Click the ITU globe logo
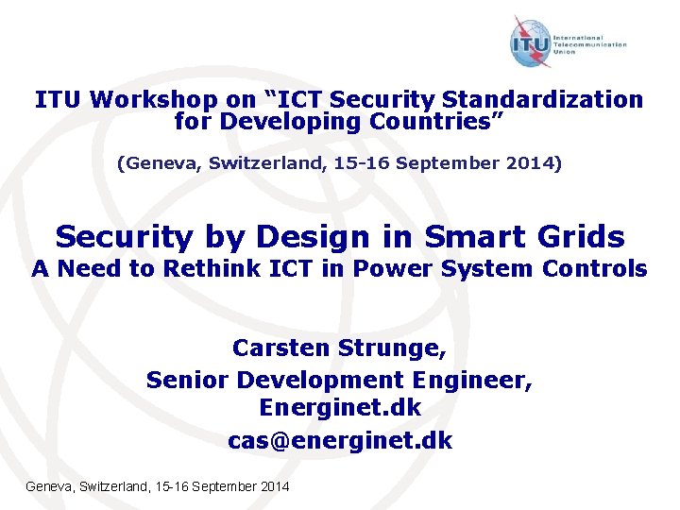tap(531, 43)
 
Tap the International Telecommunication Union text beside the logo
tap(597, 43)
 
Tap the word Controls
tap(595, 269)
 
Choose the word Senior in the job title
tap(188, 380)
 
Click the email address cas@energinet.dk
tap(340, 441)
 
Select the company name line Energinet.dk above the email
tap(340, 410)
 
